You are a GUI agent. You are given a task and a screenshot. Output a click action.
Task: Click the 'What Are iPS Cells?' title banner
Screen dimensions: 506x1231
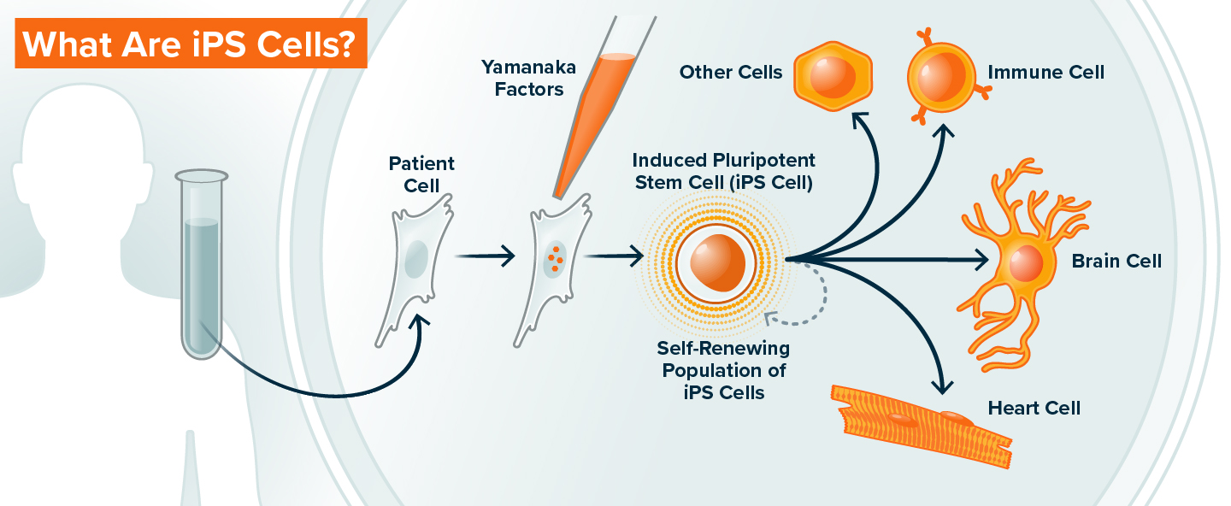click(x=190, y=44)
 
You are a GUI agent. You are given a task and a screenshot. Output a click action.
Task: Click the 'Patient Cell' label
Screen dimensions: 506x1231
click(x=421, y=174)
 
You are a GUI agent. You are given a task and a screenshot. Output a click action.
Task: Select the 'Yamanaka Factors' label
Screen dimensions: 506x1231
click(x=528, y=78)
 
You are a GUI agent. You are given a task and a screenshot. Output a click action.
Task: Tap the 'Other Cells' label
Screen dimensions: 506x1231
click(x=731, y=73)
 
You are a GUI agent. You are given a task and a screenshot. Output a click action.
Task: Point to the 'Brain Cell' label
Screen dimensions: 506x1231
click(x=1116, y=261)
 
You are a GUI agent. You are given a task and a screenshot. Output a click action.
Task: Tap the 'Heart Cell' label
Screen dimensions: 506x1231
click(x=1034, y=408)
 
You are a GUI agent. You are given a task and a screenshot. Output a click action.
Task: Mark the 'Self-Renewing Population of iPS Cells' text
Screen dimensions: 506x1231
click(x=723, y=371)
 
